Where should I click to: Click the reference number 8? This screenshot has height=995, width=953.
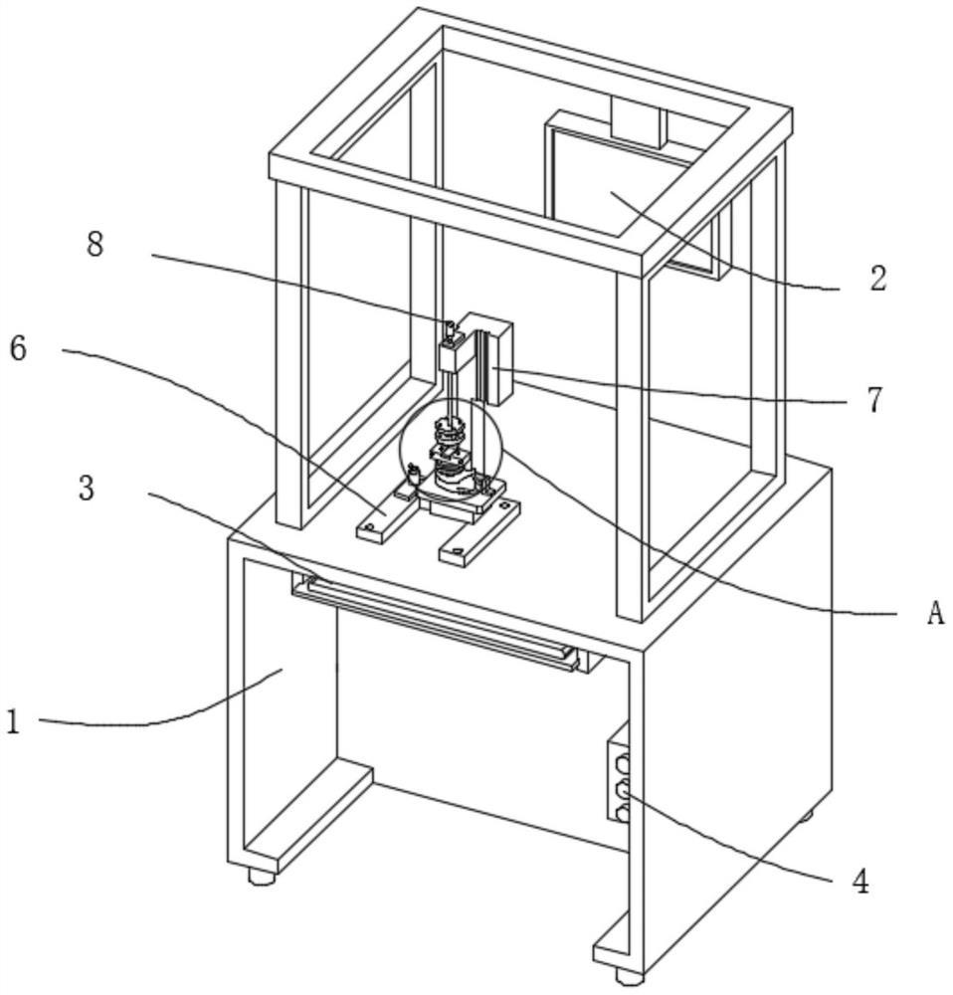coord(95,245)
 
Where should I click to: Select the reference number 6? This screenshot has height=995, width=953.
coord(19,349)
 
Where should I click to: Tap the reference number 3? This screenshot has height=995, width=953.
coord(88,490)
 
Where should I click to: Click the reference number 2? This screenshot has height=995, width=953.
coord(876,279)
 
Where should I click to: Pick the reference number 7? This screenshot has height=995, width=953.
coord(873,400)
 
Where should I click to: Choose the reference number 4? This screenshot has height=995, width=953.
coord(860,881)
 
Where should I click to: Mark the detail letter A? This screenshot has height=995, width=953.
coord(934,614)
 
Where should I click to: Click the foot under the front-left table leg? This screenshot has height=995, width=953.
coord(261,877)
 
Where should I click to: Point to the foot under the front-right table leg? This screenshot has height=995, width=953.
coord(628,976)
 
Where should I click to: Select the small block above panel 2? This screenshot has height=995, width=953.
coord(638,122)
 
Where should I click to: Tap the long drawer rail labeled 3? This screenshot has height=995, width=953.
coord(438,621)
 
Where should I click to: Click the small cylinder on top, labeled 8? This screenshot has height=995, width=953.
coord(450,328)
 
